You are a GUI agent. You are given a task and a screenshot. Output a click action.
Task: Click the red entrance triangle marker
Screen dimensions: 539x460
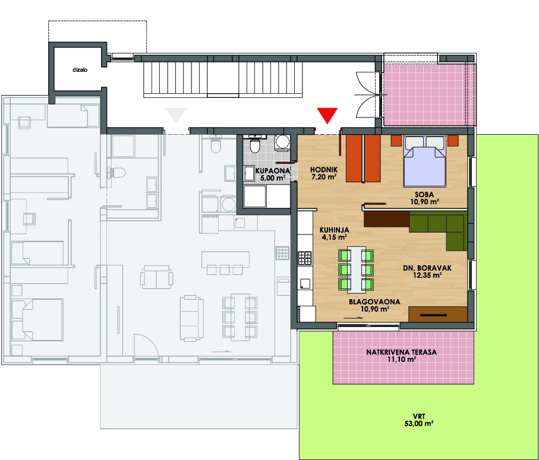tap(327, 115)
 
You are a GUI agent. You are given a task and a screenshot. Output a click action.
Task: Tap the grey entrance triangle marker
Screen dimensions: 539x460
tap(176, 115)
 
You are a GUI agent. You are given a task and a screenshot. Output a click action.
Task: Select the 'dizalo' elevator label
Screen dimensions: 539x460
tap(80, 69)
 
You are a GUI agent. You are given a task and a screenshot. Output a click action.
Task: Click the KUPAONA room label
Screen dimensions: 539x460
tap(273, 170)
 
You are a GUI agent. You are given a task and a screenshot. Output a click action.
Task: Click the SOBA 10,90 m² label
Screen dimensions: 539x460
tap(424, 198)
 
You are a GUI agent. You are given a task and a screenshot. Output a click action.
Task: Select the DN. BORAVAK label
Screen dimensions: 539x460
tap(427, 268)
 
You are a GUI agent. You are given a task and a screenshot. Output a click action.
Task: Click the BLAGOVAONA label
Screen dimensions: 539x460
tap(375, 302)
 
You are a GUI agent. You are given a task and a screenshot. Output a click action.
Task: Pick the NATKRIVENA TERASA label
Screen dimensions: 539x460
tap(402, 352)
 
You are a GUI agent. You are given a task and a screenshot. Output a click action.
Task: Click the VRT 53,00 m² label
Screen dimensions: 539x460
tap(419, 420)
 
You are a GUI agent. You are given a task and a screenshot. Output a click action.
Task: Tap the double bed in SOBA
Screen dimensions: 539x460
tap(425, 161)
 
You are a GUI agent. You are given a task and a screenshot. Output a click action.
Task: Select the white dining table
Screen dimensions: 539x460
tap(357, 269)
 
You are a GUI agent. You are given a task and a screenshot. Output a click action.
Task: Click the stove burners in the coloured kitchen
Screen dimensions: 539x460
tap(305, 258)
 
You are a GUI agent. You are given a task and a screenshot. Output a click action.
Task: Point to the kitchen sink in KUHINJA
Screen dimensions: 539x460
tap(305, 284)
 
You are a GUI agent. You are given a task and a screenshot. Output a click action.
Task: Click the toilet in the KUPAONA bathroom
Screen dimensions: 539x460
tap(255, 144)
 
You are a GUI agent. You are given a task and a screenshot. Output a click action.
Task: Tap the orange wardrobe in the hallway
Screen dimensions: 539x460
tap(363, 158)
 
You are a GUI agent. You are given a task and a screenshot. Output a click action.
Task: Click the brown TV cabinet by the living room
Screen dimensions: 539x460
tap(438, 314)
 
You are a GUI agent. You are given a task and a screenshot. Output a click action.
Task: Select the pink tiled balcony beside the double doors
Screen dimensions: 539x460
tap(430, 95)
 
